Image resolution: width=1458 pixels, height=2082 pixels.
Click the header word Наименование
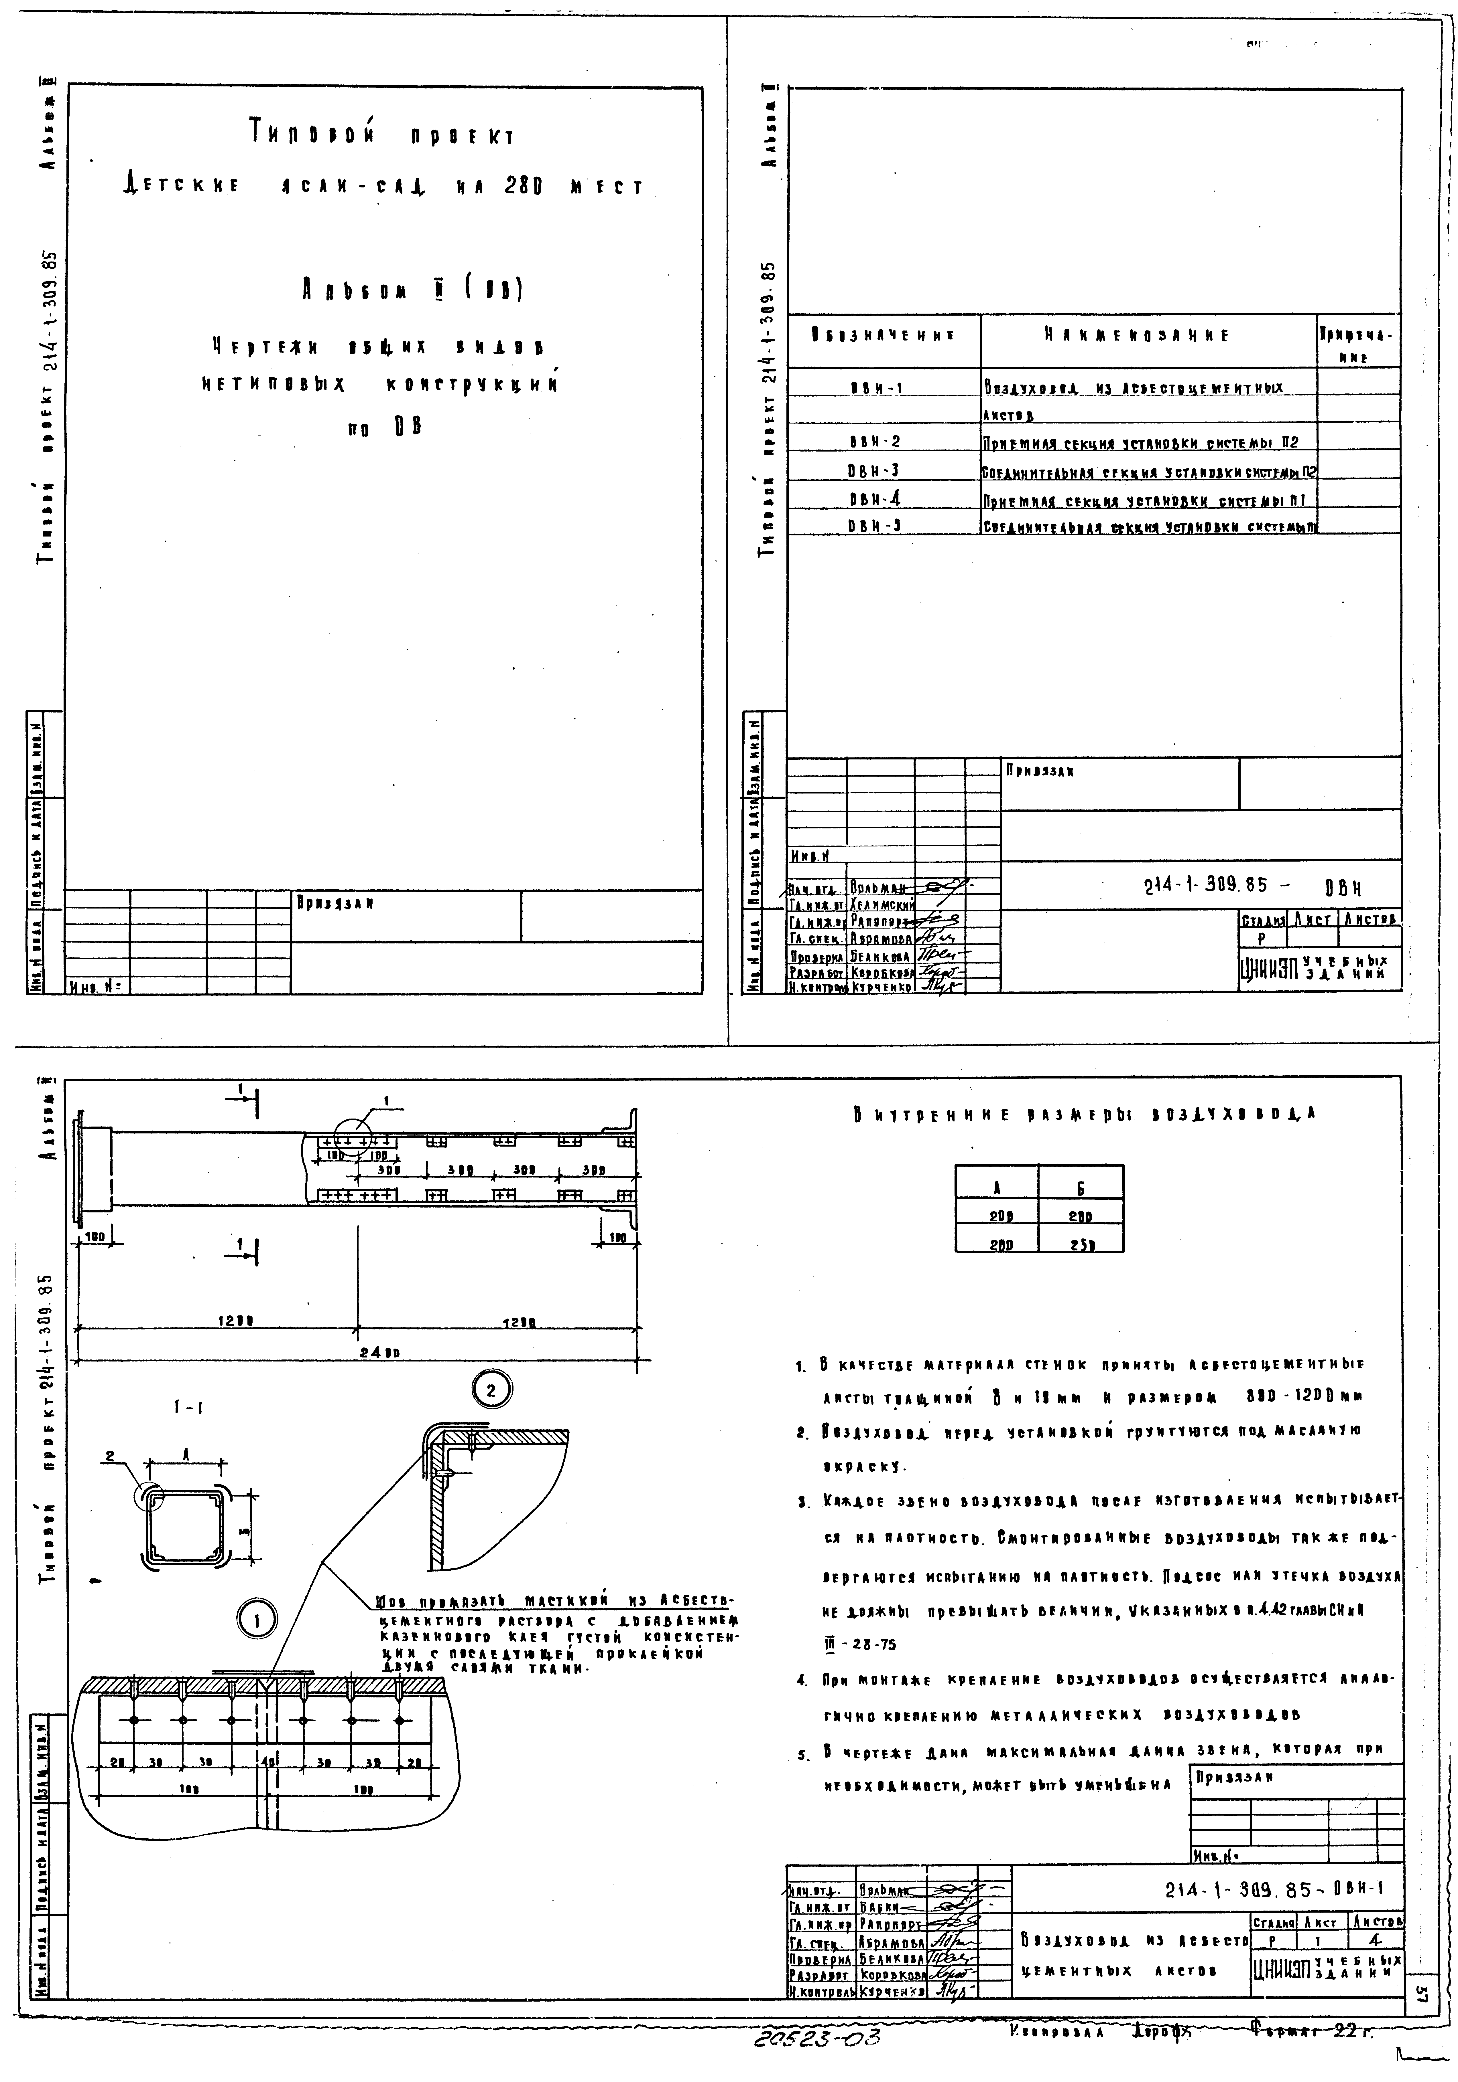tap(1137, 336)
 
